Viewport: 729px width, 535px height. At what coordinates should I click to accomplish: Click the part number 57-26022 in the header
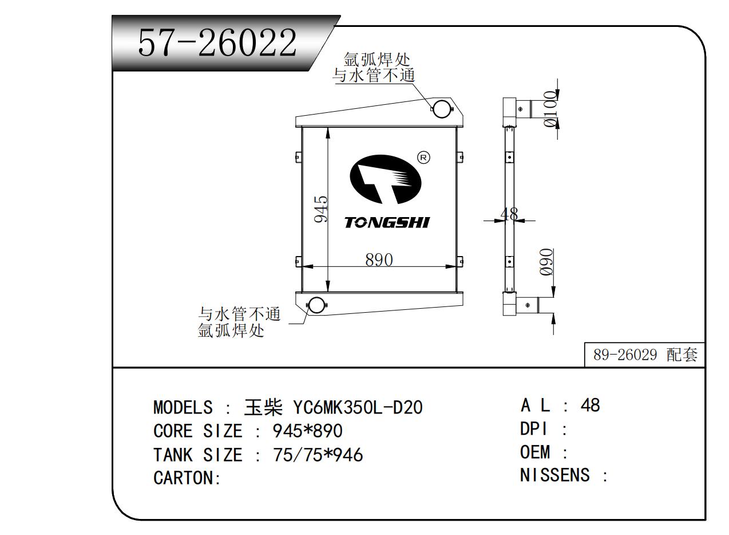tap(217, 42)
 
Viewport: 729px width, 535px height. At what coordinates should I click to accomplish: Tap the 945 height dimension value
tap(321, 209)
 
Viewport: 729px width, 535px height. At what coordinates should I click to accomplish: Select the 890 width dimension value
tap(379, 259)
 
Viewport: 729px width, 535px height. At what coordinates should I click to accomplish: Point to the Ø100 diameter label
tap(550, 109)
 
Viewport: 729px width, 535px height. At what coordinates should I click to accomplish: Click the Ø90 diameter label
tap(546, 262)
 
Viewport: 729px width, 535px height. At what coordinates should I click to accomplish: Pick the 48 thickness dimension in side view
tap(509, 214)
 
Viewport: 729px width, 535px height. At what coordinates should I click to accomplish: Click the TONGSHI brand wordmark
tap(387, 223)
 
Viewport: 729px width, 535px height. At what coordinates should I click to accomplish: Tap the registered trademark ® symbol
tap(423, 158)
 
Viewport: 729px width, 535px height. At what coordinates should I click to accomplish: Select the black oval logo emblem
tap(386, 179)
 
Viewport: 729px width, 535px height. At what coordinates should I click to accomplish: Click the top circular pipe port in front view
tap(442, 109)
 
